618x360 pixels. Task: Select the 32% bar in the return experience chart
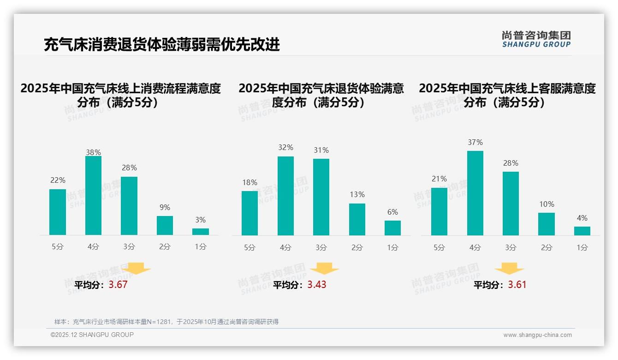click(x=285, y=196)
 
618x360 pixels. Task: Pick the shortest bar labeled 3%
click(x=201, y=232)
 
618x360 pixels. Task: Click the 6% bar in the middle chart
click(x=392, y=228)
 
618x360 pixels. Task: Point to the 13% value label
click(x=357, y=195)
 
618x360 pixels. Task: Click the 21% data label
click(x=439, y=179)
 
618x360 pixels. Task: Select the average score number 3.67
click(x=118, y=285)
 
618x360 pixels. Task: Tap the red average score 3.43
click(x=317, y=285)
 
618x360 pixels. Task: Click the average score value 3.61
click(x=517, y=285)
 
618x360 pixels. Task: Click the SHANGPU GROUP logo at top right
click(x=536, y=39)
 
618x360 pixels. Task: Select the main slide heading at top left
click(x=161, y=44)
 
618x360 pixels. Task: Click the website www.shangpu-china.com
click(x=537, y=335)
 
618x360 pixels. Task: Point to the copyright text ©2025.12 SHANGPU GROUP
click(x=92, y=335)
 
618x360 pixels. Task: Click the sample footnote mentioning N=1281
click(x=166, y=322)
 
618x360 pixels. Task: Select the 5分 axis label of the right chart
click(x=439, y=247)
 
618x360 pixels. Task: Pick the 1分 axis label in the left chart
click(x=201, y=246)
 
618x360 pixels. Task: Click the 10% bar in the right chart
click(x=547, y=224)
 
